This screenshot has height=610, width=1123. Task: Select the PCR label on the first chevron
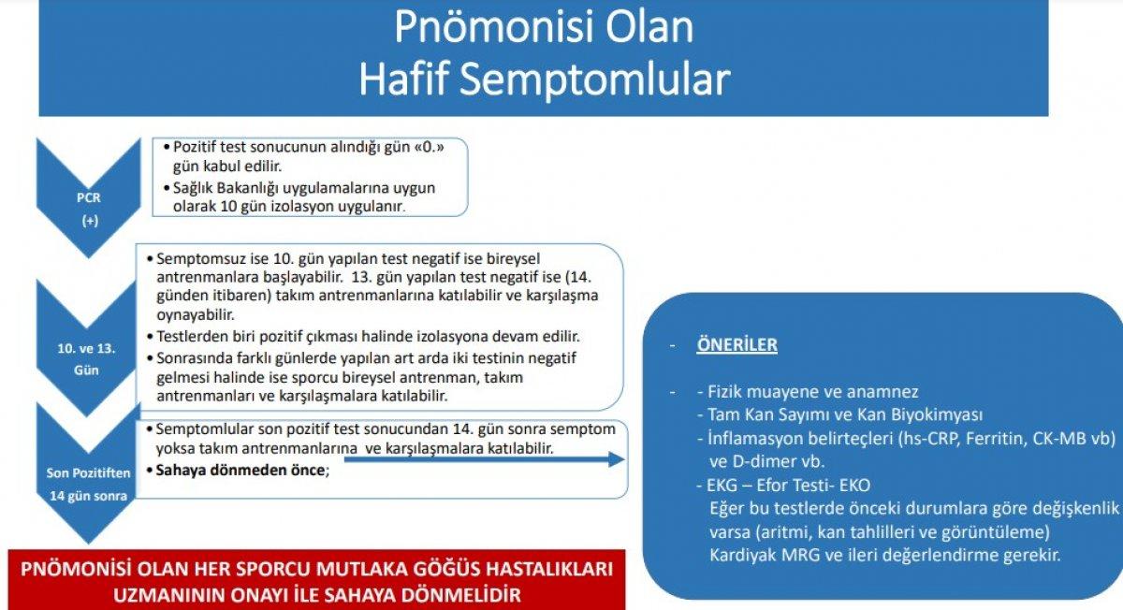(88, 198)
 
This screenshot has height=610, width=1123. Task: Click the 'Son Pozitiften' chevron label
(88, 472)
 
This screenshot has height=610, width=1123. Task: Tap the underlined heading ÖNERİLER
(737, 344)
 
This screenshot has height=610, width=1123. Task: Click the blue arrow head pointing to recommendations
(614, 458)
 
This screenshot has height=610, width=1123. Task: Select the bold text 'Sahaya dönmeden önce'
(241, 471)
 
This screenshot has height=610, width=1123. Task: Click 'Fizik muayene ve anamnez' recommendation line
(812, 391)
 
